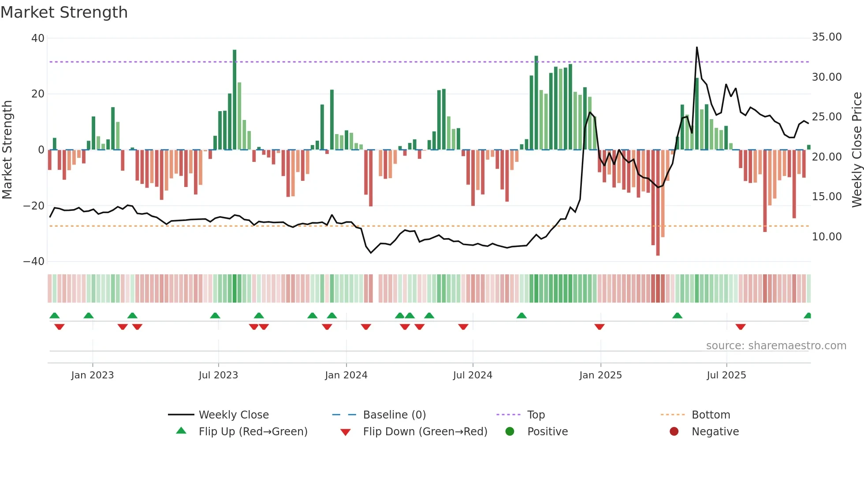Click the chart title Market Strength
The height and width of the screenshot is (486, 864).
click(x=64, y=12)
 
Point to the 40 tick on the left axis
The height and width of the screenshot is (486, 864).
click(x=37, y=38)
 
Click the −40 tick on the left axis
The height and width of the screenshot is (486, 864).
click(x=34, y=262)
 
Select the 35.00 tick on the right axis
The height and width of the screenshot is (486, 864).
click(x=827, y=37)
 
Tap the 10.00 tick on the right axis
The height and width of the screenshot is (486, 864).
click(x=827, y=237)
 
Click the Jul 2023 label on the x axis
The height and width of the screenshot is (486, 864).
click(x=218, y=375)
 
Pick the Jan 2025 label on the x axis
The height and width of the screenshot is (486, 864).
click(x=600, y=375)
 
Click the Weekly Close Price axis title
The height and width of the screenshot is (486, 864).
click(x=857, y=150)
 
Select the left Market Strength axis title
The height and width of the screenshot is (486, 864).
click(x=7, y=150)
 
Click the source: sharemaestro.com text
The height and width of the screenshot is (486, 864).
click(x=776, y=346)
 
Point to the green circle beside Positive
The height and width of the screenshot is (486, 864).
click(x=510, y=432)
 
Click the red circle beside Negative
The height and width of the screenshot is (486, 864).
click(x=674, y=432)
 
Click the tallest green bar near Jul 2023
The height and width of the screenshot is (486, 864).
click(x=235, y=99)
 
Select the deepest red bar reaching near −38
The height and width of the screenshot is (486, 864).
click(x=658, y=203)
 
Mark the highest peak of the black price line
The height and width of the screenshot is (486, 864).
click(x=697, y=47)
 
